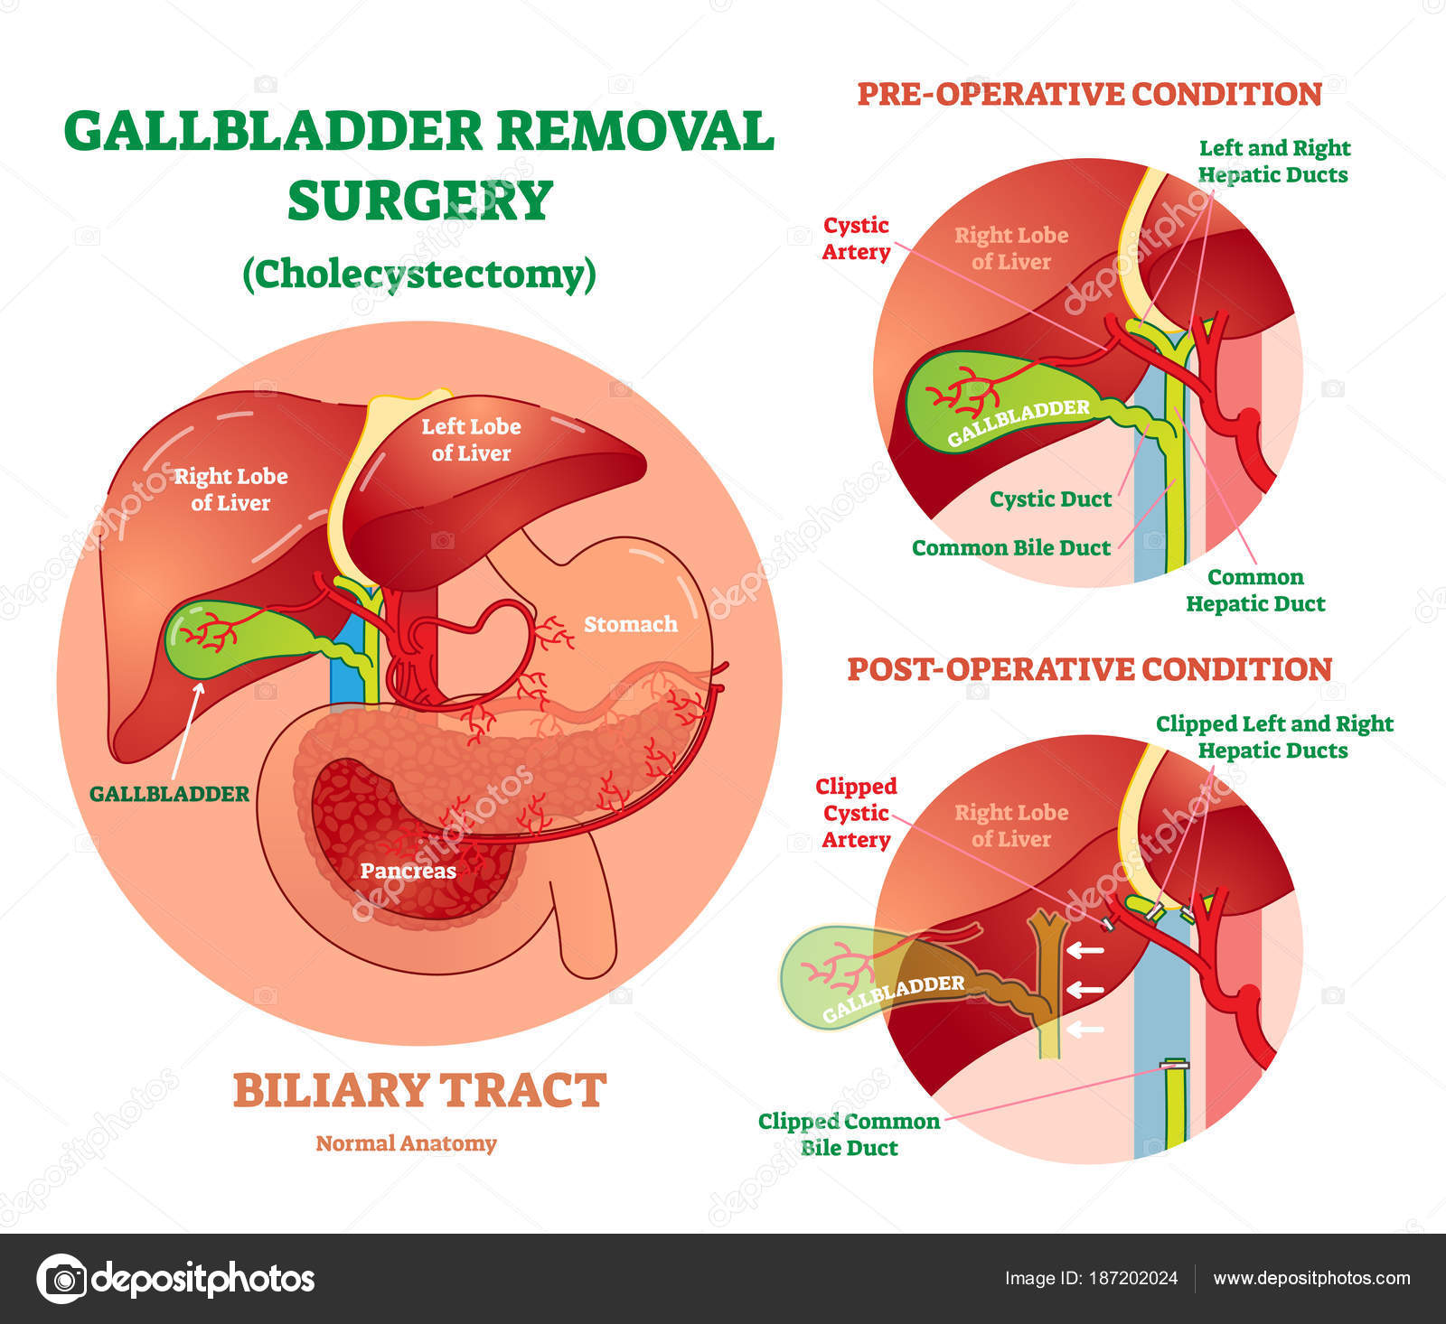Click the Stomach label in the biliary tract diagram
tap(630, 624)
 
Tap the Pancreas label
tap(408, 871)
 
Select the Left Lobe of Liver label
tap(471, 440)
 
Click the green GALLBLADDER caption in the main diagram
tap(169, 794)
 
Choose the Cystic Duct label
tap(1050, 499)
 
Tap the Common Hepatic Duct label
tap(1255, 591)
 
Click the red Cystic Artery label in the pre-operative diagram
tap(855, 238)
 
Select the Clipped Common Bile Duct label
tap(849, 1134)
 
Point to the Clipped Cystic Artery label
tap(855, 813)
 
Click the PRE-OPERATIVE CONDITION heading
tap(1089, 94)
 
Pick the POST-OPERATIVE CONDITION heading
tap(1089, 669)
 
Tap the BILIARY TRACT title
tap(419, 1090)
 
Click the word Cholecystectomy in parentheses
tap(419, 274)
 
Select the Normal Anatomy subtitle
tap(406, 1143)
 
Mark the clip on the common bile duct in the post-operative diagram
tap(1175, 1064)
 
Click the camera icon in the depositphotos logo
tap(61, 1278)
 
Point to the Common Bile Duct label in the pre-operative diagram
tap(1010, 548)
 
